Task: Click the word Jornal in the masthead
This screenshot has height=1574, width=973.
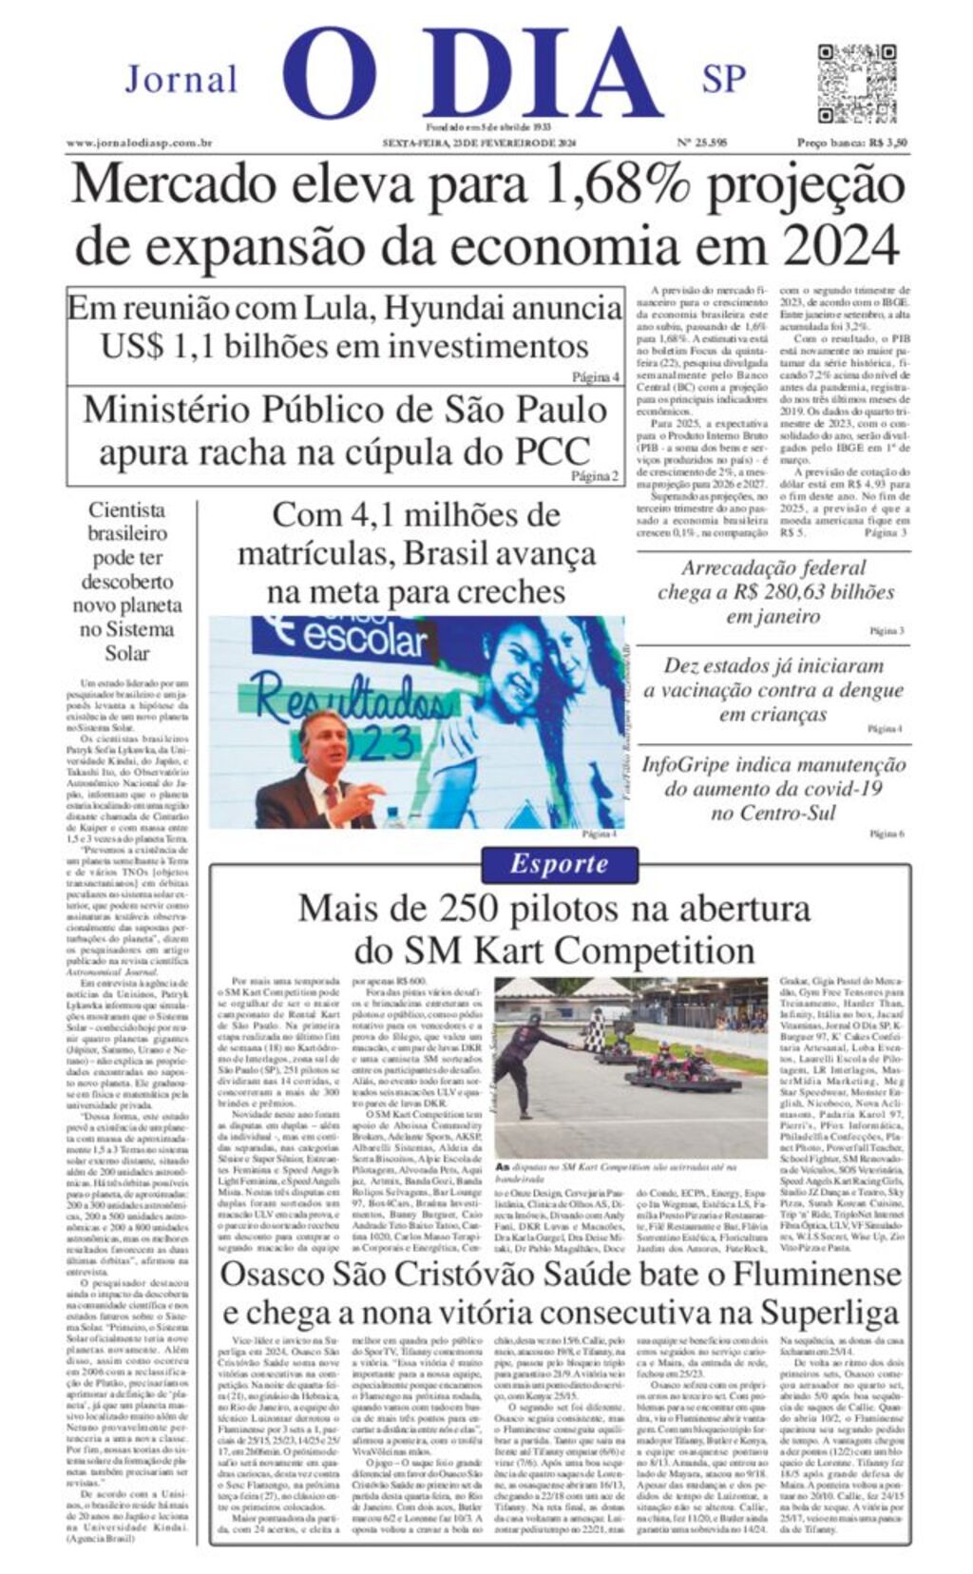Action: pos(181,79)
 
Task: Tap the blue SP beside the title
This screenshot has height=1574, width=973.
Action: pos(724,79)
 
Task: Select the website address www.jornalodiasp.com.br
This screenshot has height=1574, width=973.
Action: pos(139,143)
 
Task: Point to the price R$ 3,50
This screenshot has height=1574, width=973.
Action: pos(883,143)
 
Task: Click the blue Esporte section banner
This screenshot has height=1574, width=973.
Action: pos(558,863)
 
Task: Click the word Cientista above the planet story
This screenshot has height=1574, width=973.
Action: pos(127,509)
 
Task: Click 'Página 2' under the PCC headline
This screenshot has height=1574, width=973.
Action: pos(596,476)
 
